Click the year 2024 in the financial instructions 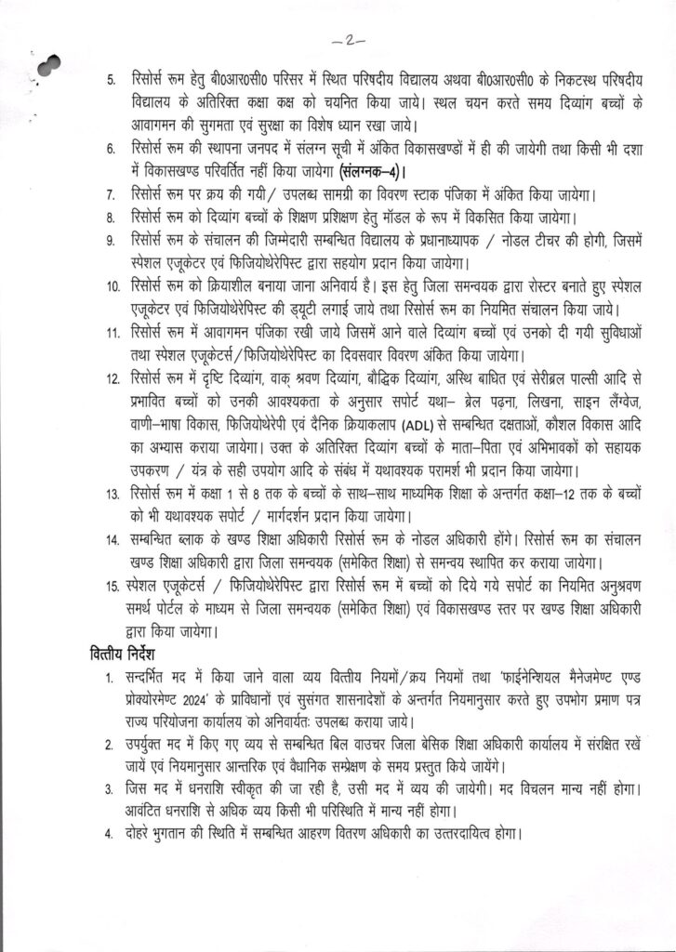[x=210, y=694]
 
